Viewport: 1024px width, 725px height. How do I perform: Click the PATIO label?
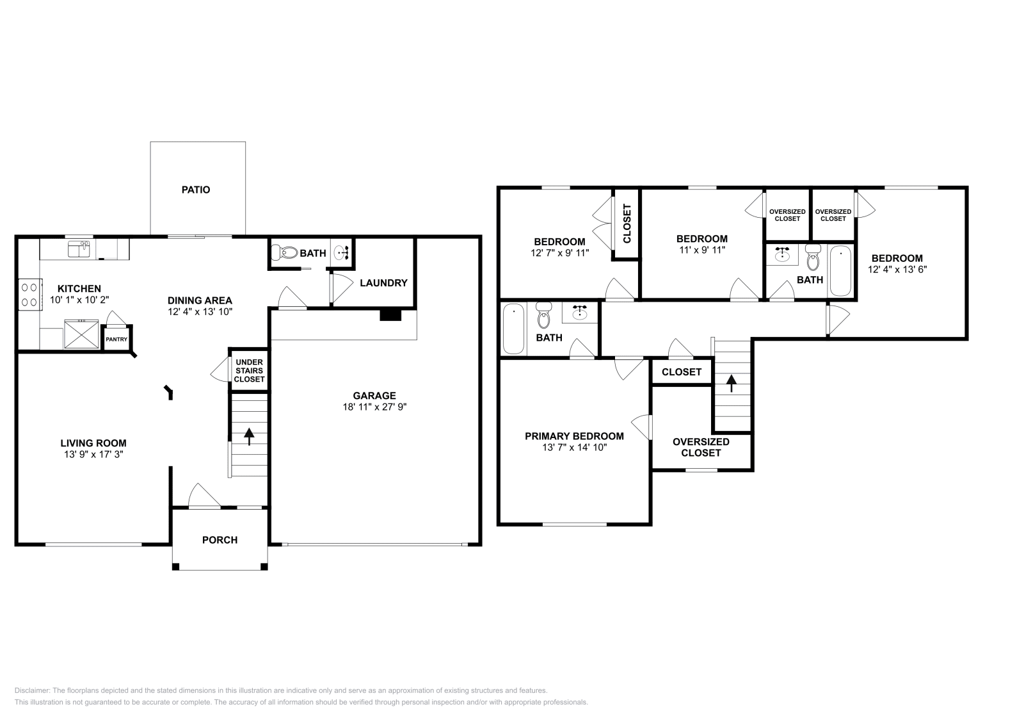click(196, 190)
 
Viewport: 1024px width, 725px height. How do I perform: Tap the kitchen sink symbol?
click(79, 248)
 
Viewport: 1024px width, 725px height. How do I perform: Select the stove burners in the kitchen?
click(29, 295)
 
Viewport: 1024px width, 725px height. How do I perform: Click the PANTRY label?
click(116, 339)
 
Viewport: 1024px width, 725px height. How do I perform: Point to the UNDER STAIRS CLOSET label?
click(249, 371)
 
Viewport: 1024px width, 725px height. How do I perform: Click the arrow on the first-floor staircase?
click(248, 436)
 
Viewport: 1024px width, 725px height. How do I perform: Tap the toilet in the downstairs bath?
click(285, 253)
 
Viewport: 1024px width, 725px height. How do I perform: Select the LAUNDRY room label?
click(383, 283)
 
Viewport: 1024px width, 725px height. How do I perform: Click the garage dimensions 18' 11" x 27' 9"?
click(374, 407)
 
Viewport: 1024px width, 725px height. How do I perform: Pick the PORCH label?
click(220, 540)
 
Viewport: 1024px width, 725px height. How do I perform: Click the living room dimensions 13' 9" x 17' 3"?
click(93, 454)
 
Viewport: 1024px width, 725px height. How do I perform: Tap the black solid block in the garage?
click(390, 314)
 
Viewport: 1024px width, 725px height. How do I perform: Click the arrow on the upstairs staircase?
click(730, 382)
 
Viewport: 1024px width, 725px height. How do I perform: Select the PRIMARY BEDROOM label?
click(574, 436)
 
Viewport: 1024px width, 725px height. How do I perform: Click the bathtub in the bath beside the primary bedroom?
click(513, 329)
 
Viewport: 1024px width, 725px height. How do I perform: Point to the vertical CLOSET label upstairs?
click(627, 224)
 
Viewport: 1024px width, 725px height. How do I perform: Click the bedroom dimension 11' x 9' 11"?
click(702, 250)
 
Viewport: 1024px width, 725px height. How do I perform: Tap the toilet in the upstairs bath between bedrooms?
click(813, 259)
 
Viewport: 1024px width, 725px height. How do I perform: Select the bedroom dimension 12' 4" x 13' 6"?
click(896, 270)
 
